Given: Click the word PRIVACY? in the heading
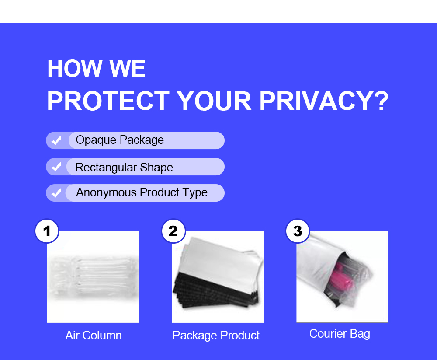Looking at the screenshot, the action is click(324, 101).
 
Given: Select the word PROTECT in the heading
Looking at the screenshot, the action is click(108, 101).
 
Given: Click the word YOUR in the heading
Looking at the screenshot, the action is click(214, 101).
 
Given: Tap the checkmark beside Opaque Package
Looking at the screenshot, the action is click(56, 140).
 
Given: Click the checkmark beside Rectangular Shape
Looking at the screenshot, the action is click(56, 167).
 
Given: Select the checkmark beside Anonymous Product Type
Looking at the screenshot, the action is click(56, 192).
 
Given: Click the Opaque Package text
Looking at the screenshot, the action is click(120, 140).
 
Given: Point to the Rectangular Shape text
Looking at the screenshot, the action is click(124, 168).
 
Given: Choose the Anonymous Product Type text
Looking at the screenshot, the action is click(142, 192).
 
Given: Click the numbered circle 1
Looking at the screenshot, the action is click(47, 231).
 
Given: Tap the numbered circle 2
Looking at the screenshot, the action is click(173, 231).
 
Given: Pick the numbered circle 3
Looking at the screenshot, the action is click(298, 231).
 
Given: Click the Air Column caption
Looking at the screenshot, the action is click(94, 336).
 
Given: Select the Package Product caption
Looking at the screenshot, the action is click(216, 336).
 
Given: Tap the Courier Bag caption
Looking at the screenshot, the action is click(340, 334).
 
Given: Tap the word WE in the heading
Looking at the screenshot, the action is click(127, 68).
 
